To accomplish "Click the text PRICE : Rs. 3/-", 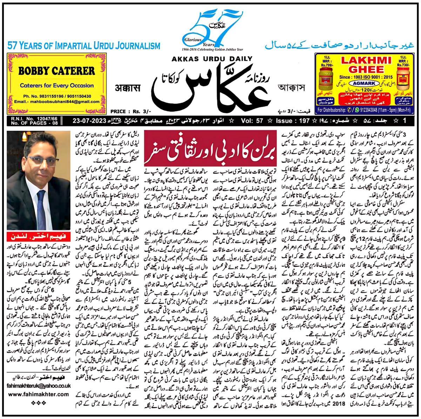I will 128,111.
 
